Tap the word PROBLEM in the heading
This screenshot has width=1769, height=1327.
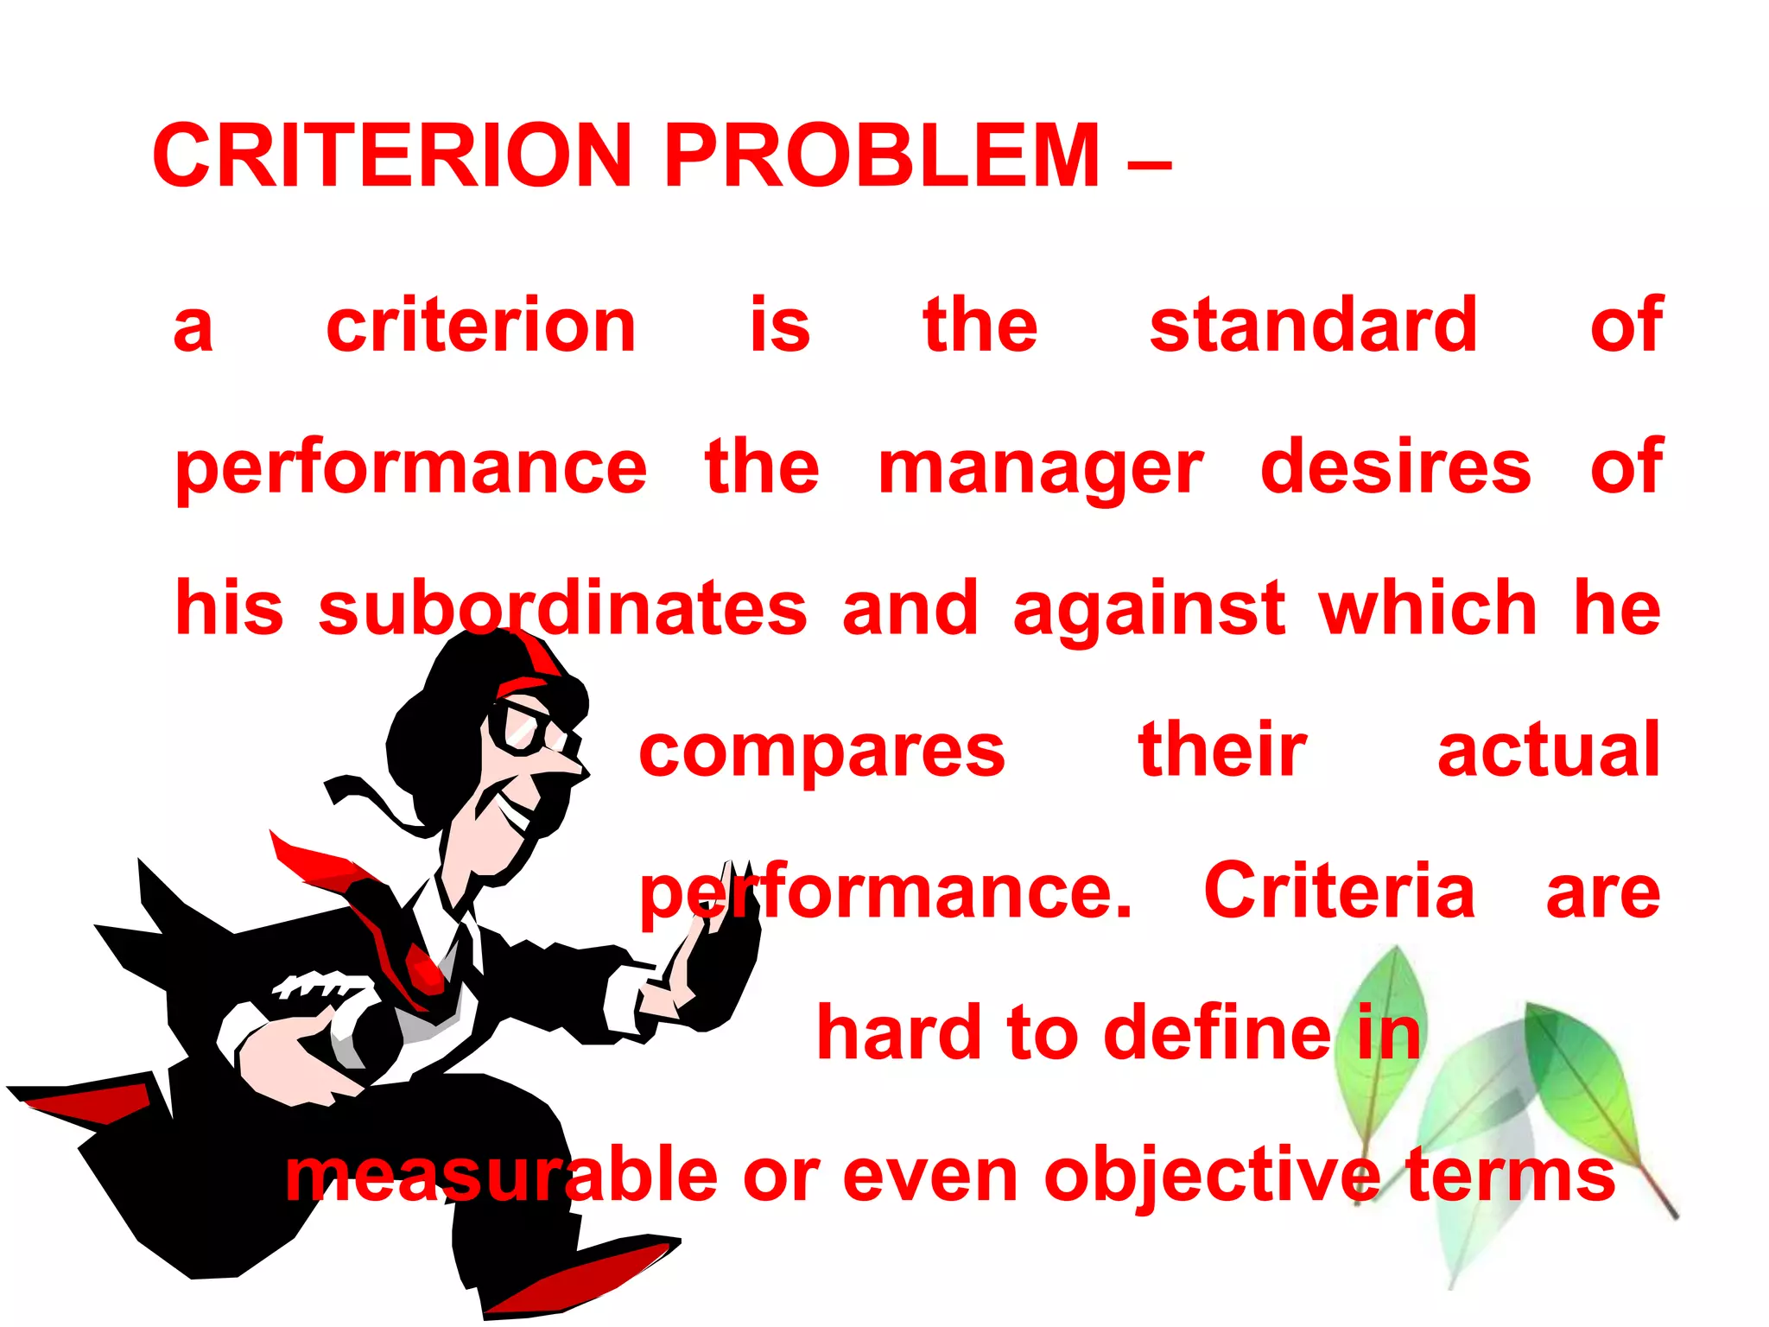[x=881, y=156]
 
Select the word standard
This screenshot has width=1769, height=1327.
[x=1313, y=326]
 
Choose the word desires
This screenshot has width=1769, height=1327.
[x=1395, y=467]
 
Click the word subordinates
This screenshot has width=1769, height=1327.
[x=562, y=608]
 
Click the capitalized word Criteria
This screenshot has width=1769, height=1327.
[x=1339, y=891]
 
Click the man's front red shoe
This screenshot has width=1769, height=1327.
[x=579, y=1279]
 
